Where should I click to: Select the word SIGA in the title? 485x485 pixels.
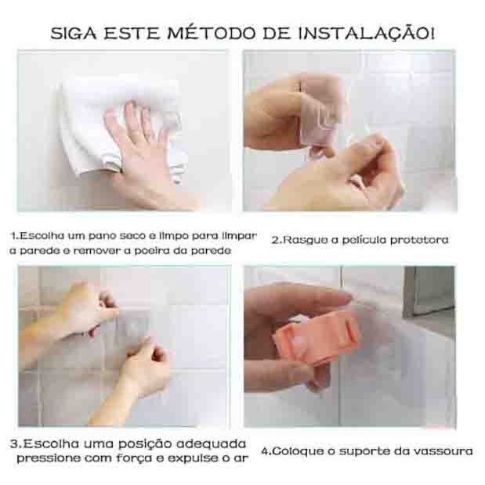coord(74,34)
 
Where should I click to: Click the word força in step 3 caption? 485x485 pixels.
coord(134,458)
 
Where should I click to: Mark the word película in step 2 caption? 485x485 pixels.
coord(364,241)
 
